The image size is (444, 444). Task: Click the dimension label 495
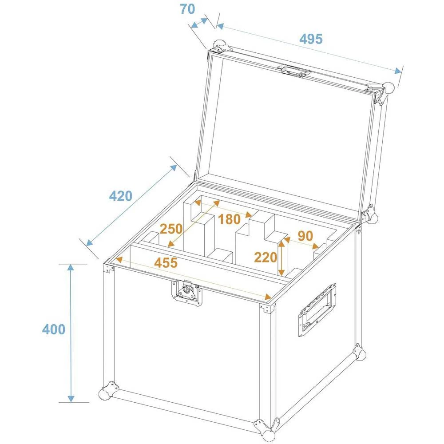tap(310, 39)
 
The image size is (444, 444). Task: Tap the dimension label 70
tap(187, 9)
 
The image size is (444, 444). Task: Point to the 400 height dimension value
tap(54, 329)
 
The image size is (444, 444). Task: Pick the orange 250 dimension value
tap(171, 229)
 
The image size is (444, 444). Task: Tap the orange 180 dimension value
tap(229, 218)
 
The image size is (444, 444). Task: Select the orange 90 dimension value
tap(305, 236)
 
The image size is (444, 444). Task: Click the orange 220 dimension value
tap(266, 257)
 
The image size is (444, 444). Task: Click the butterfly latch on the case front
tap(186, 293)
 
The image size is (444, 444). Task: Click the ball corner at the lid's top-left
tap(220, 46)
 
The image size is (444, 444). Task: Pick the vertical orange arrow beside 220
tap(281, 258)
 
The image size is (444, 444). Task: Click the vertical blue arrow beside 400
tap(71, 333)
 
